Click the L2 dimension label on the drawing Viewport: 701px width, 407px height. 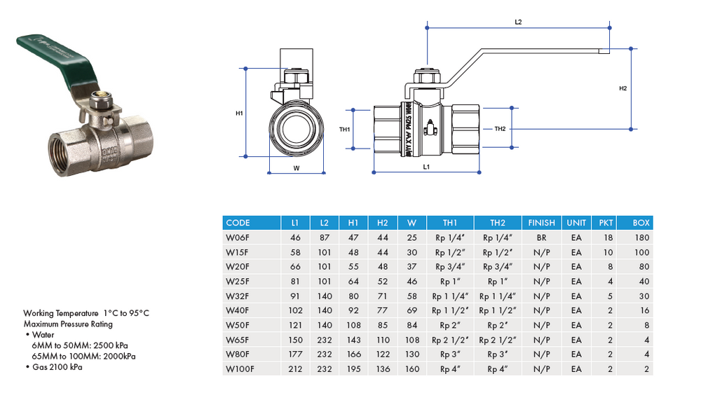(x=518, y=22)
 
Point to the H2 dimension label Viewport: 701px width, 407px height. (x=622, y=89)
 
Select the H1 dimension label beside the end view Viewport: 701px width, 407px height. (x=239, y=113)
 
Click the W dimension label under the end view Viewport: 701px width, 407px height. (x=297, y=167)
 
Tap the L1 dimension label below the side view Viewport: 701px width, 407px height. (x=426, y=167)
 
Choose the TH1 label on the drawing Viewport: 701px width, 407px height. (x=345, y=130)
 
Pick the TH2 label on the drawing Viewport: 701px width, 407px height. (x=500, y=129)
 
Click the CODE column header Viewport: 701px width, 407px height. (x=238, y=223)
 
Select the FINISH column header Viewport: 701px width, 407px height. (x=542, y=223)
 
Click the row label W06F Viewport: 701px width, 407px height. (x=237, y=237)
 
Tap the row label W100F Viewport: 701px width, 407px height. (x=239, y=369)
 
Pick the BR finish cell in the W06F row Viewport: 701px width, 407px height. (x=542, y=237)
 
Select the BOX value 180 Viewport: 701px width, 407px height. (x=641, y=237)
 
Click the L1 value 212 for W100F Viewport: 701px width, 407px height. (x=295, y=369)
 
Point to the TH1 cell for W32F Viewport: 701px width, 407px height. (x=450, y=296)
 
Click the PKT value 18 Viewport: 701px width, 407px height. (x=607, y=237)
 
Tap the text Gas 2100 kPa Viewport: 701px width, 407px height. (x=57, y=367)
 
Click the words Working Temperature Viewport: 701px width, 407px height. (x=56, y=313)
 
